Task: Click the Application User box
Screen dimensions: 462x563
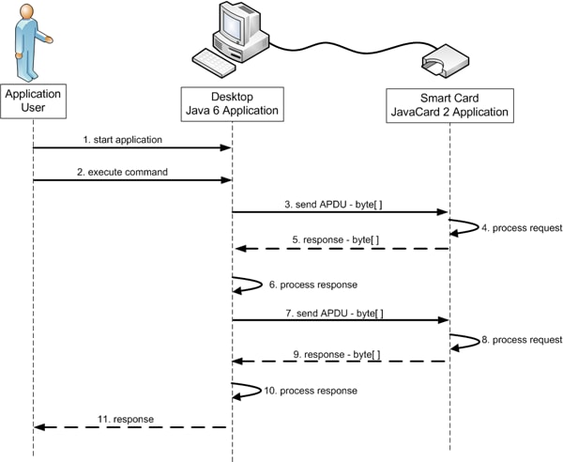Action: (33, 102)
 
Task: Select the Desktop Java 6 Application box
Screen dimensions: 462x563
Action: (232, 104)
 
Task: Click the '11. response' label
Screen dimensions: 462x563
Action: (125, 418)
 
